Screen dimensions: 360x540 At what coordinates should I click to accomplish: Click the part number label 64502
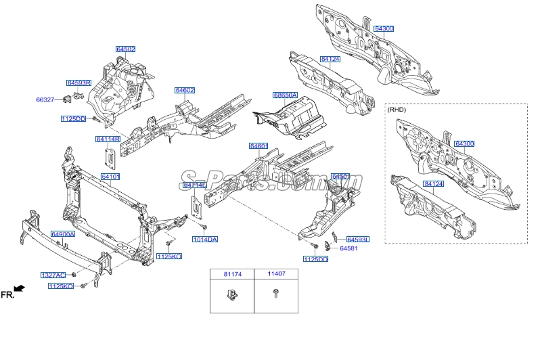(125, 49)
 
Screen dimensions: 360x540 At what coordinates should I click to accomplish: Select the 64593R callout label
(78, 83)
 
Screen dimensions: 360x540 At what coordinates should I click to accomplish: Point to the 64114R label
(108, 139)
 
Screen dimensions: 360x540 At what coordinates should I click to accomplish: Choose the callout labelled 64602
(185, 90)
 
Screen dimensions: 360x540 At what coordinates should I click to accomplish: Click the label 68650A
(285, 95)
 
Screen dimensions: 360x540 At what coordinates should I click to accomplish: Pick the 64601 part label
(258, 146)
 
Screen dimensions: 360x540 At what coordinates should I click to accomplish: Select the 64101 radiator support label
(110, 177)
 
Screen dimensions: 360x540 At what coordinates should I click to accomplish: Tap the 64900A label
(63, 234)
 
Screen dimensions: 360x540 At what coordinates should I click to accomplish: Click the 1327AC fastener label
(53, 275)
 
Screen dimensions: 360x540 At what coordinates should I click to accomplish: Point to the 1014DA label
(205, 240)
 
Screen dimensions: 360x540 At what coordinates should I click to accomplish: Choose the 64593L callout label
(358, 240)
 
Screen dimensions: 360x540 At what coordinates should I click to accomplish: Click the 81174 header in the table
(231, 274)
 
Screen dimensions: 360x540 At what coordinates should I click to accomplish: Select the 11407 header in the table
(276, 274)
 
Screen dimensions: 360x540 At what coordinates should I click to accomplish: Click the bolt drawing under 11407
(275, 294)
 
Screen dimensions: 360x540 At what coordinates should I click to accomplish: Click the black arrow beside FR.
(19, 288)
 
